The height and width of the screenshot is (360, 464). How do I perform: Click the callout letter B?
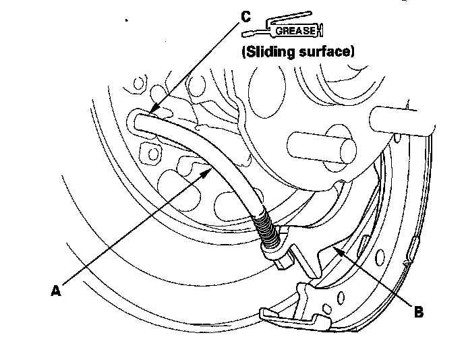(419, 311)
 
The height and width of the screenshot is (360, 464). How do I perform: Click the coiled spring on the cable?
(266, 231)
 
